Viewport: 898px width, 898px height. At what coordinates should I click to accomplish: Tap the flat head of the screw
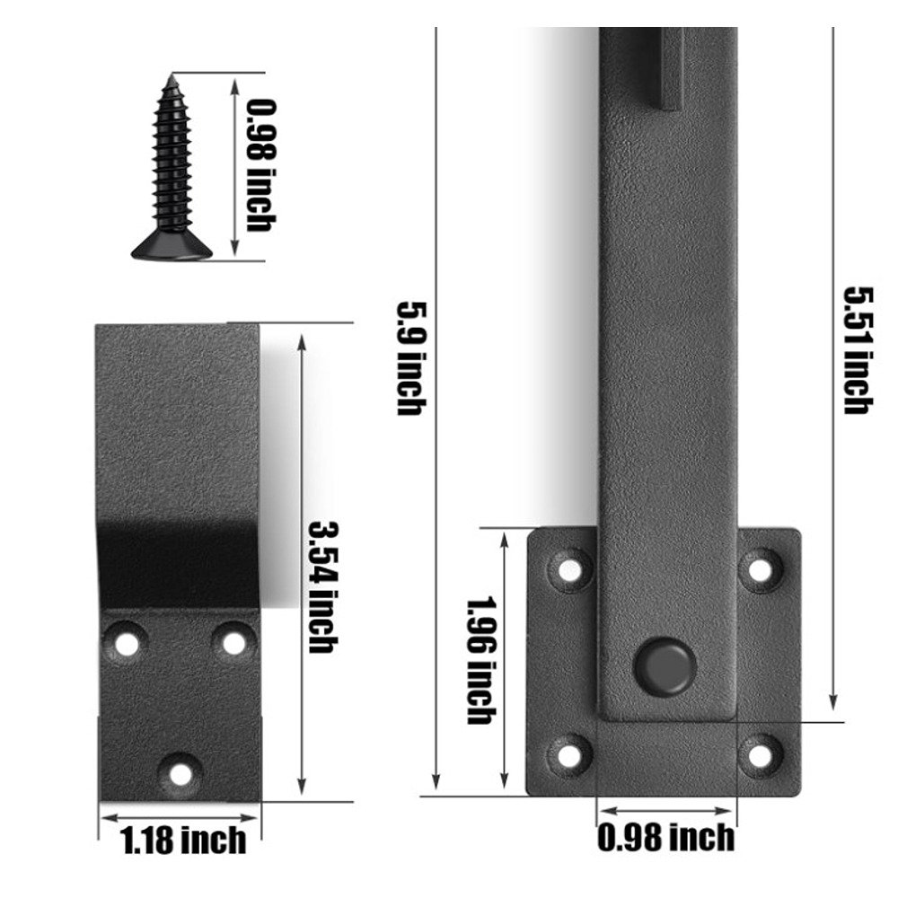pos(172,251)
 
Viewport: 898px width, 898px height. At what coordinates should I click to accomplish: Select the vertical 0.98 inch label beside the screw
pos(258,165)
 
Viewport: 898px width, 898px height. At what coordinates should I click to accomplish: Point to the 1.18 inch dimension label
pos(183,841)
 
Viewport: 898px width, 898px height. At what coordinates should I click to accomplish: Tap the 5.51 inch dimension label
pos(856,349)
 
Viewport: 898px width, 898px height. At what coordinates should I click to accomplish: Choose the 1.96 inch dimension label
pos(480,659)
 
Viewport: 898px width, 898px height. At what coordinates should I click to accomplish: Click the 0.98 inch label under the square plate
pos(665,838)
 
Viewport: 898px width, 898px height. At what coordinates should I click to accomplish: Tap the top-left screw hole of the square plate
pos(570,570)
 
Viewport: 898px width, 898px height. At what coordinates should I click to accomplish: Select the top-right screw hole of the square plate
pos(760,568)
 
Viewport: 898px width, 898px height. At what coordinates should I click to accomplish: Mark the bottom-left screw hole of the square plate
pos(569,753)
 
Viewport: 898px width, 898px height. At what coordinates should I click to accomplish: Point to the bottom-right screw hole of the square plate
pos(760,752)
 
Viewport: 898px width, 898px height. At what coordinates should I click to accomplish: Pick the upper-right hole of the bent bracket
pos(233,642)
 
